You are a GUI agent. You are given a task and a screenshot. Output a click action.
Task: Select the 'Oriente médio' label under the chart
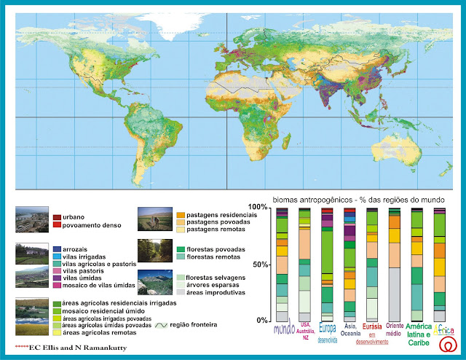(395, 330)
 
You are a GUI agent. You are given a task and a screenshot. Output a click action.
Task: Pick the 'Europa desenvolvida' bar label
(328, 332)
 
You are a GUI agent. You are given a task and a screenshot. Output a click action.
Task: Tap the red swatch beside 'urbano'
(57, 216)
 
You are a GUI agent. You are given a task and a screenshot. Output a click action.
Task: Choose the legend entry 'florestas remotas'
(201, 257)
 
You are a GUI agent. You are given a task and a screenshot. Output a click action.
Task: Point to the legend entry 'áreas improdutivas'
(205, 291)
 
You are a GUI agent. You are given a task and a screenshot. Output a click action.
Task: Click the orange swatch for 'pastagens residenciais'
(180, 215)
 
